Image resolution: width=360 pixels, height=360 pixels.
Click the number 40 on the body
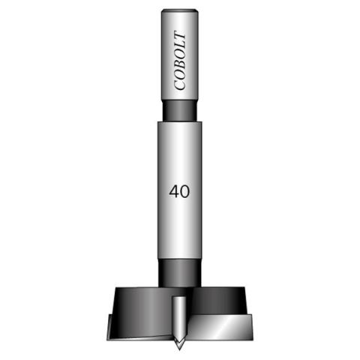(x=179, y=190)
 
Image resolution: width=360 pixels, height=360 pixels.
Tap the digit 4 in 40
(x=174, y=190)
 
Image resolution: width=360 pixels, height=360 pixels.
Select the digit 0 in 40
(x=184, y=190)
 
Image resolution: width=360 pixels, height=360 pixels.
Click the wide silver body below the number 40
(x=180, y=232)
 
